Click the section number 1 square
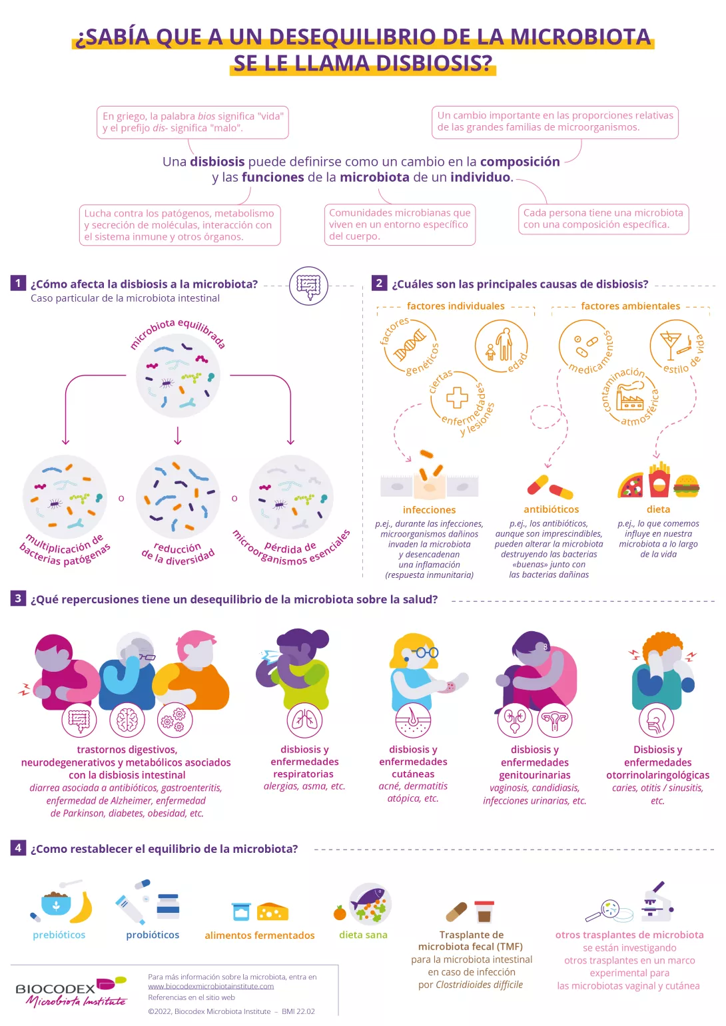(x=18, y=283)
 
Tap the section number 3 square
(x=18, y=598)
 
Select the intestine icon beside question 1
(x=308, y=286)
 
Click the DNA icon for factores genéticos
(x=410, y=346)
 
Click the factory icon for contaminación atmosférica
(x=629, y=399)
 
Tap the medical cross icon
(x=457, y=397)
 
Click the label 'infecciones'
(x=429, y=509)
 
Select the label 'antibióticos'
(x=551, y=509)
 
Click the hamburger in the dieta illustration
(x=686, y=486)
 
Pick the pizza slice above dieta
(x=631, y=486)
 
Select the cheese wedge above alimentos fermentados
(x=272, y=911)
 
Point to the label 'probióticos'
(x=153, y=935)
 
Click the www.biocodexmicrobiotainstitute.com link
(x=210, y=986)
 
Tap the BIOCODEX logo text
(x=55, y=988)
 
